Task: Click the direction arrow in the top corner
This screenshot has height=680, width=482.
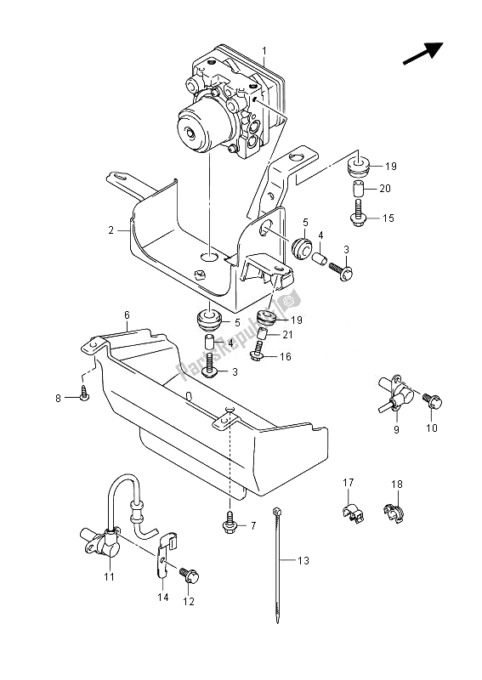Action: tap(423, 54)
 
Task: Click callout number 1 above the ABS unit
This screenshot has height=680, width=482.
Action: tap(264, 52)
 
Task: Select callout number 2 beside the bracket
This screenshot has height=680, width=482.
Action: tap(111, 230)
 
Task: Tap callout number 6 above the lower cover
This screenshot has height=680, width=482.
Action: tap(127, 315)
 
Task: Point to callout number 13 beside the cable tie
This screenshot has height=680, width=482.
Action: tap(303, 561)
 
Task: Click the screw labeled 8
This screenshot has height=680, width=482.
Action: tap(84, 394)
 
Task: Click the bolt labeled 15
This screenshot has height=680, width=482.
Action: tap(358, 213)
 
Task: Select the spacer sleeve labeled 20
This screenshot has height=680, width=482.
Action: tap(358, 189)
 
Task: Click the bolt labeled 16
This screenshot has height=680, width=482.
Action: tap(258, 351)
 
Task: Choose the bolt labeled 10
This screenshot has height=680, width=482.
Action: tap(432, 400)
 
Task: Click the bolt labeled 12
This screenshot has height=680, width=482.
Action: tap(190, 575)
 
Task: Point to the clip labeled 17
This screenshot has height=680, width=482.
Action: tap(352, 513)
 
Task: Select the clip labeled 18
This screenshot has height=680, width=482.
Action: tap(394, 512)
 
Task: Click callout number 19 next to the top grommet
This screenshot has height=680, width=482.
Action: tap(390, 166)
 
